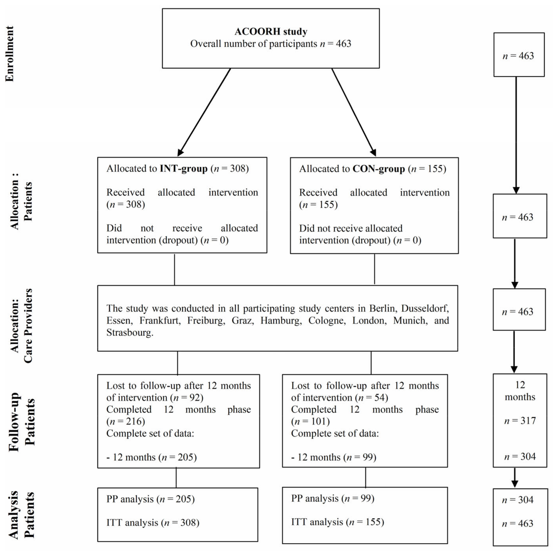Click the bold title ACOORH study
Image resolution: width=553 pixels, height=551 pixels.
tap(271, 32)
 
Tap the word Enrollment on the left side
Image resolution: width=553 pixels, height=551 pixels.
tap(10, 54)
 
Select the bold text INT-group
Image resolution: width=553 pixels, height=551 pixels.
tap(183, 168)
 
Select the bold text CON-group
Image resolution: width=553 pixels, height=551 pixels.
tap(378, 169)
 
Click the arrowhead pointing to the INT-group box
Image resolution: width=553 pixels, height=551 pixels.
tap(180, 152)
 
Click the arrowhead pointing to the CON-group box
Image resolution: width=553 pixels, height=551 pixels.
tap(373, 152)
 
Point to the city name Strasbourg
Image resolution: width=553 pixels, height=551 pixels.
tap(130, 332)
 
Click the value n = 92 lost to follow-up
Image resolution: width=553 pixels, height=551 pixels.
tap(187, 398)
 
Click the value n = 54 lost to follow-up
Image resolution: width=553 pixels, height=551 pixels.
tap(371, 398)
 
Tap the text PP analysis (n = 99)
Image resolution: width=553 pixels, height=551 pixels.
tap(333, 498)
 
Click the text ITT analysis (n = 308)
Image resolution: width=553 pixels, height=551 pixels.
tap(153, 523)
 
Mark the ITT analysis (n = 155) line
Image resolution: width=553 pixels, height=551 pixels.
tap(337, 522)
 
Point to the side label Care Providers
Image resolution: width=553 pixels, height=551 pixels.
tap(28, 326)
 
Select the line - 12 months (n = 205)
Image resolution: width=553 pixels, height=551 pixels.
tap(151, 457)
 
